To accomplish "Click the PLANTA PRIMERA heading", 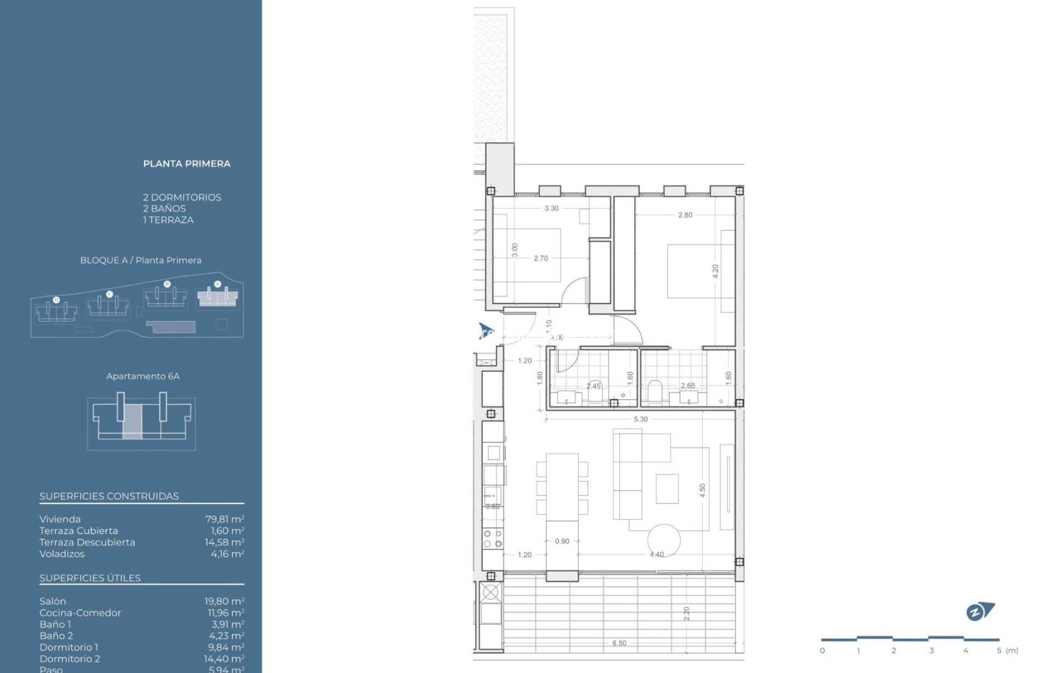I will pyautogui.click(x=187, y=164).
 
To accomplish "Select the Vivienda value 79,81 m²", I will pyautogui.click(x=224, y=519).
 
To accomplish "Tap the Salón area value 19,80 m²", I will pyautogui.click(x=224, y=601).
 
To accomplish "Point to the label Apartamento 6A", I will pyautogui.click(x=143, y=376).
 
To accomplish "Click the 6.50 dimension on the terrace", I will pyautogui.click(x=619, y=643).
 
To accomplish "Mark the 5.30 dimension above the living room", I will pyautogui.click(x=640, y=419).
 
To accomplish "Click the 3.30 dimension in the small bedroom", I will pyautogui.click(x=551, y=209).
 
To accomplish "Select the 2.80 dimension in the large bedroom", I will pyautogui.click(x=685, y=215).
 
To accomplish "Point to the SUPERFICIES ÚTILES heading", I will pyautogui.click(x=90, y=578).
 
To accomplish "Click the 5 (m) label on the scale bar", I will pyautogui.click(x=1007, y=651).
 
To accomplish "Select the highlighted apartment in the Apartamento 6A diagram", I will pyautogui.click(x=132, y=421).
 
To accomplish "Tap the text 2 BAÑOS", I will pyautogui.click(x=164, y=209).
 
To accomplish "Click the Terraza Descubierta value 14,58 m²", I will pyautogui.click(x=224, y=542).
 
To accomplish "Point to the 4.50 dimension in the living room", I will pyautogui.click(x=703, y=490).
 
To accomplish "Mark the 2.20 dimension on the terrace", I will pyautogui.click(x=686, y=614).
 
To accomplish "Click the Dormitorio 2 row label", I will pyautogui.click(x=70, y=659).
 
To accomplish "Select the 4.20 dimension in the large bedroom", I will pyautogui.click(x=715, y=271).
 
